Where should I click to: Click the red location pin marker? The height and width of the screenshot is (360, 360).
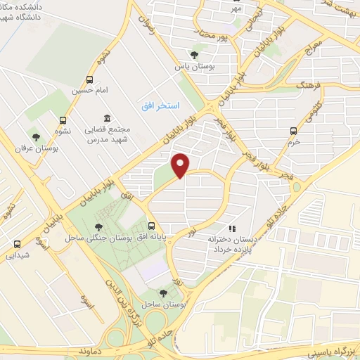point(181,165)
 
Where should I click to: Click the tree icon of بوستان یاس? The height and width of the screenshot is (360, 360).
point(194,56)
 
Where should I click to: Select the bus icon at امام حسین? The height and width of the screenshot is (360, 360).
point(89,79)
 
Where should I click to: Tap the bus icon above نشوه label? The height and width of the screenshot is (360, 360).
point(64,120)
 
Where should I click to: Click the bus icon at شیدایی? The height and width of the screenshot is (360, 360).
point(17,244)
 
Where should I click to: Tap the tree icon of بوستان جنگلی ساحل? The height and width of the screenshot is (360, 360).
point(98,226)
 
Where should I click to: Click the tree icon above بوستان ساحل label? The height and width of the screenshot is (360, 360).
point(164,292)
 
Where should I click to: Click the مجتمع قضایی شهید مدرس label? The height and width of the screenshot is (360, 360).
point(106,134)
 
